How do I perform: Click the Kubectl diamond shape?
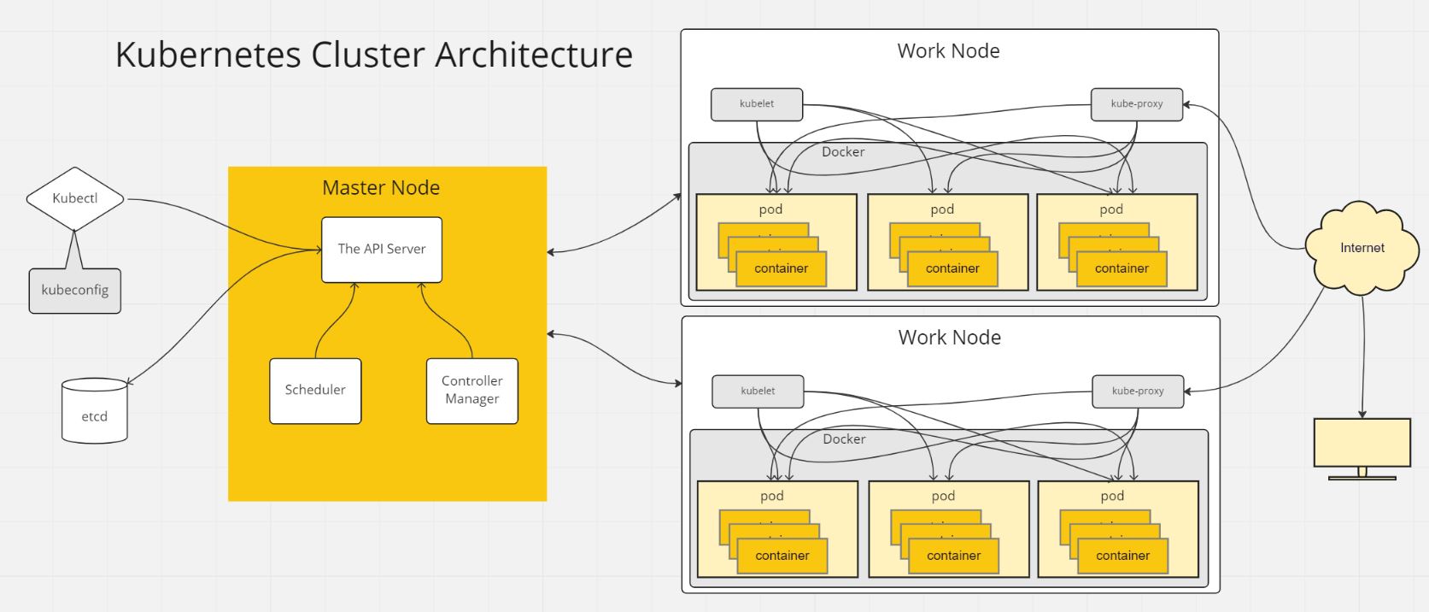(x=75, y=198)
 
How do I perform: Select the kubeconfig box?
(x=75, y=291)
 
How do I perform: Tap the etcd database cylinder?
(x=94, y=412)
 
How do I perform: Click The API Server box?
(x=381, y=249)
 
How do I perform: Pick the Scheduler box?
(x=315, y=391)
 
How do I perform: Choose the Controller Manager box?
(x=471, y=391)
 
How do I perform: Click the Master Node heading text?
(x=381, y=188)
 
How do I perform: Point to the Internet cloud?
(x=1362, y=248)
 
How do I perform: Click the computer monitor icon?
(x=1362, y=443)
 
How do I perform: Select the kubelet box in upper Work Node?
(x=757, y=104)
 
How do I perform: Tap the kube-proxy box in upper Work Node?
(x=1137, y=104)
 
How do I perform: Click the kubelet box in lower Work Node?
(x=758, y=391)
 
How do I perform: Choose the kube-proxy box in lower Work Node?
(x=1138, y=391)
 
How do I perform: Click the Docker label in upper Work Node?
(x=843, y=152)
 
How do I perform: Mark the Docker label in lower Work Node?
(x=844, y=439)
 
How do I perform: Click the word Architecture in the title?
(x=534, y=55)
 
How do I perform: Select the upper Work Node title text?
(x=948, y=51)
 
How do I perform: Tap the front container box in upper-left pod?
(x=781, y=268)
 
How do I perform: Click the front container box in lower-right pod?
(x=1122, y=556)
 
